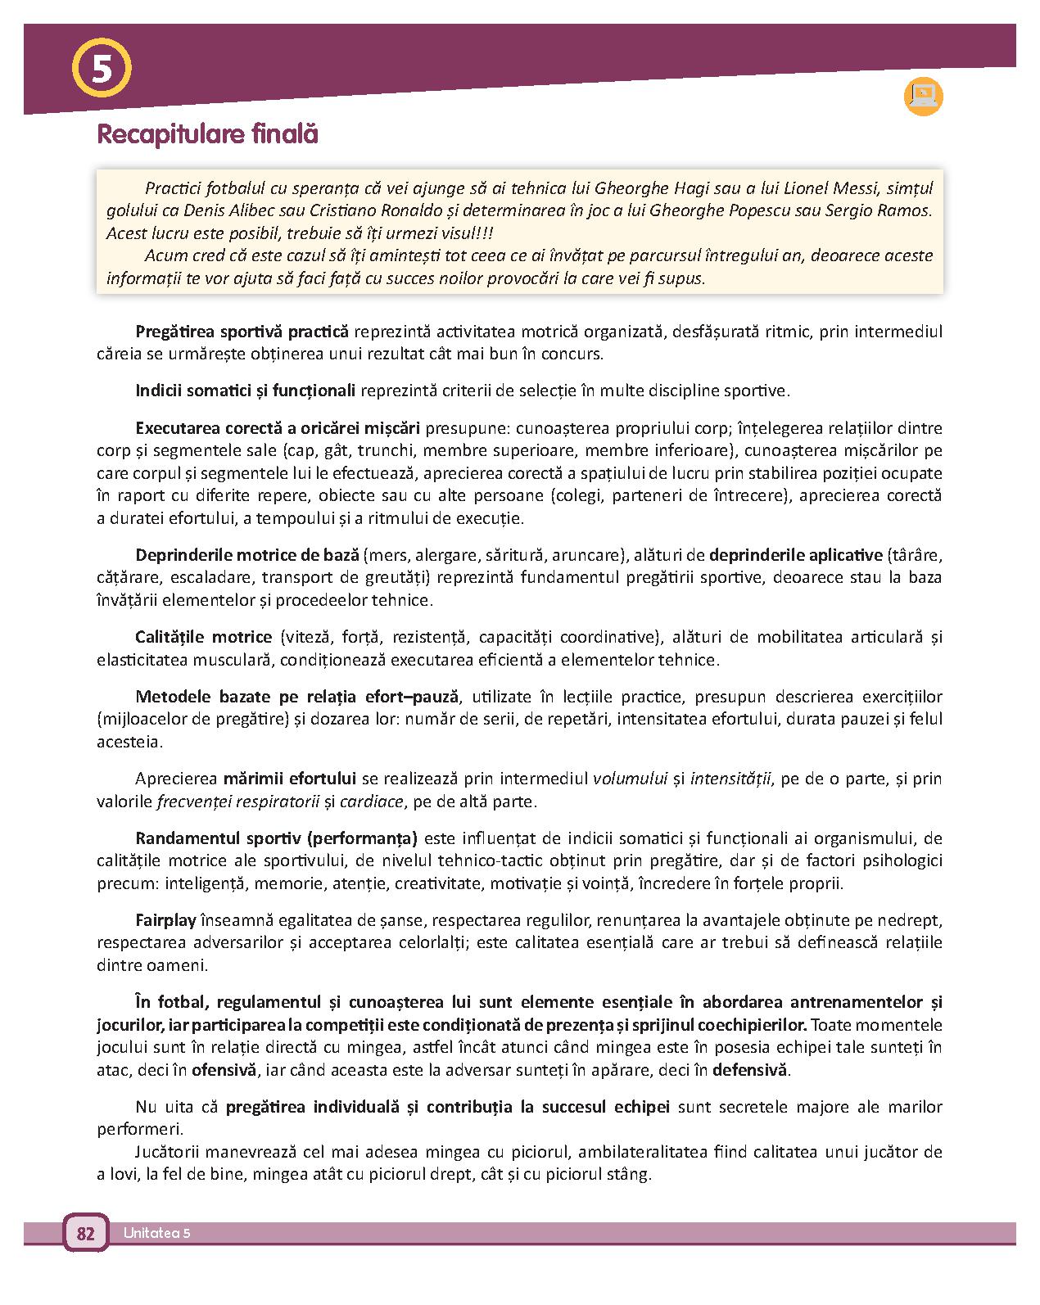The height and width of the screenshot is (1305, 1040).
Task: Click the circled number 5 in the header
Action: point(102,69)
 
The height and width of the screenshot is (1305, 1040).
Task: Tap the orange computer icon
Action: point(923,96)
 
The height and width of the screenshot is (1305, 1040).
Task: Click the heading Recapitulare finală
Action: point(207,134)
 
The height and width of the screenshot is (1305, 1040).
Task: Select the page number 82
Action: point(85,1233)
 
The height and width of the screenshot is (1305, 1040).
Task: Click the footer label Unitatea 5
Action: point(157,1233)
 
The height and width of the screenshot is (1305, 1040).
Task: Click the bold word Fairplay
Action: point(165,919)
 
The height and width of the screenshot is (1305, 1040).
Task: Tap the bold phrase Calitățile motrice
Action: point(203,636)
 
